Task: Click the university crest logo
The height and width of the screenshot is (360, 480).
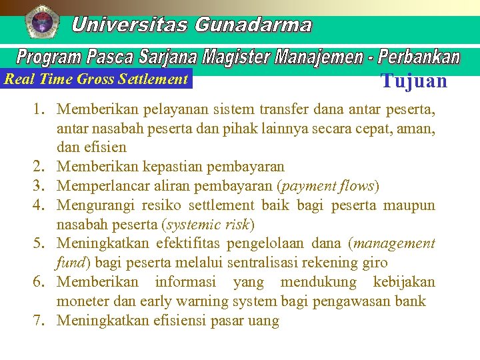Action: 42,21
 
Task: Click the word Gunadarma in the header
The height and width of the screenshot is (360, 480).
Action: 253,25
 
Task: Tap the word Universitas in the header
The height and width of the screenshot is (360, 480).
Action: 130,25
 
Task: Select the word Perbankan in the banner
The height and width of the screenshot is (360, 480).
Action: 419,57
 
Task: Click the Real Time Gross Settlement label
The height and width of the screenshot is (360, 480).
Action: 96,79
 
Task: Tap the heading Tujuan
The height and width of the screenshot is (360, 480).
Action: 413,81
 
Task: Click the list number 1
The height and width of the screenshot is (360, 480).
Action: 39,108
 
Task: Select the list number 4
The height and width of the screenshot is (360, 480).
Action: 39,205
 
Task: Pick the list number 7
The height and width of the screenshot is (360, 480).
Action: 39,321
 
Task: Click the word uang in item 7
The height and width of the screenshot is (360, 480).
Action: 264,321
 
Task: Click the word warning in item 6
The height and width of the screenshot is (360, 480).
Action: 201,301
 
